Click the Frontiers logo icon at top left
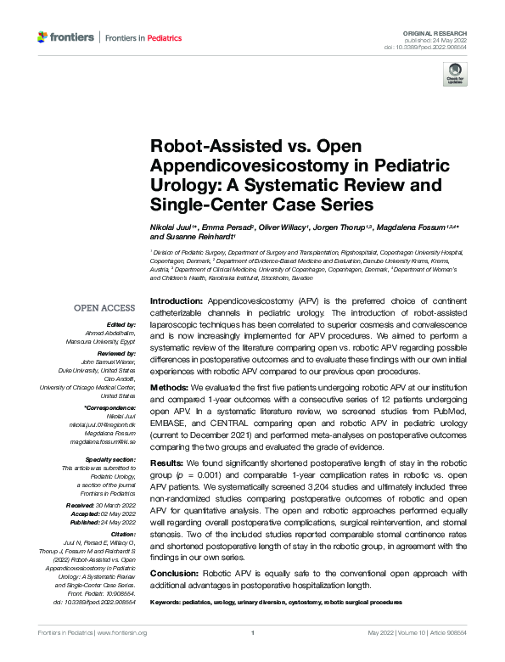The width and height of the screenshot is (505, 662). point(43,36)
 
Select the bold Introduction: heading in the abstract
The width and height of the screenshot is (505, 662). point(177,301)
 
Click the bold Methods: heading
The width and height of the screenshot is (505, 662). point(170,387)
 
